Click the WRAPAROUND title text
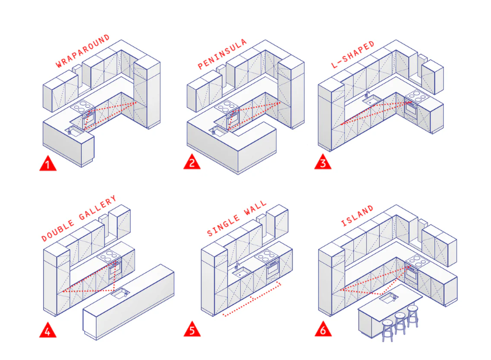(82, 52)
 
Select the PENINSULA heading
(222, 54)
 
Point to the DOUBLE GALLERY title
(79, 218)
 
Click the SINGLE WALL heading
(237, 219)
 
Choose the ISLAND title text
(358, 217)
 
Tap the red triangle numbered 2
(192, 163)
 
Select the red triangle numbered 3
(323, 163)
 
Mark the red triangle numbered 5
(192, 330)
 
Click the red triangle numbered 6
(323, 330)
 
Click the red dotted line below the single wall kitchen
(253, 302)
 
